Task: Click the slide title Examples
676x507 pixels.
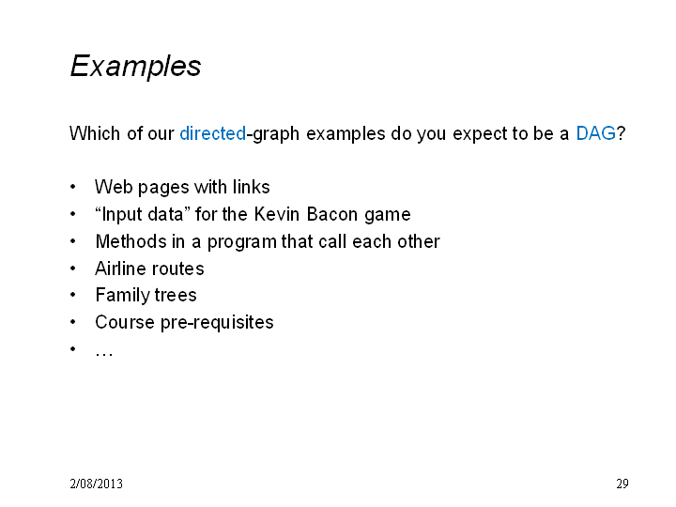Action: [135, 67]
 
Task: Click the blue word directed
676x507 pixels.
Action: [212, 133]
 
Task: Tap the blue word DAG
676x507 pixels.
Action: [596, 133]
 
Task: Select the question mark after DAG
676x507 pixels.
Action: [621, 133]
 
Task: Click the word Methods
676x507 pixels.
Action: [131, 241]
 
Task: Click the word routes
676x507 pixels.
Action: [177, 269]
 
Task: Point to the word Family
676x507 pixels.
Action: [121, 296]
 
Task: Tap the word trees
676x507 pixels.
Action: [176, 296]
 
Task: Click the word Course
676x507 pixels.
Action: [125, 322]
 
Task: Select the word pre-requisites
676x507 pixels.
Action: [217, 323]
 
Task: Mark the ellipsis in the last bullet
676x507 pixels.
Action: [104, 355]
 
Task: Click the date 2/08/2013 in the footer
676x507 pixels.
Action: [96, 484]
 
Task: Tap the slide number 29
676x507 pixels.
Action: [622, 484]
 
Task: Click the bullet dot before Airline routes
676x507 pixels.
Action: [73, 269]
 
